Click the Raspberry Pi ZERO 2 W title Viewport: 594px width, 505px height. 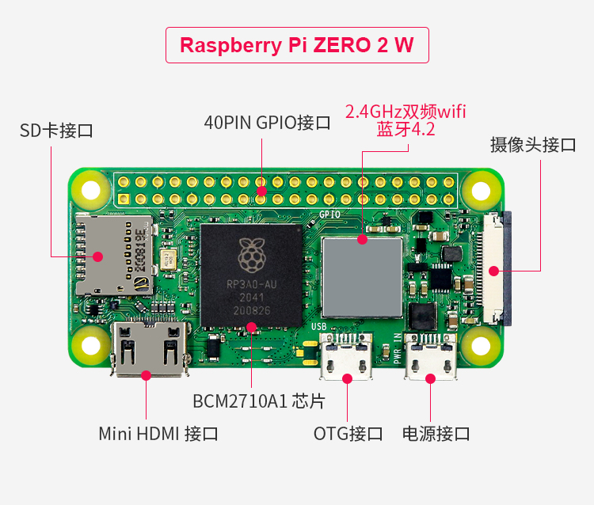click(x=297, y=45)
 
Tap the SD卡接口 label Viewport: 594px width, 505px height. click(x=56, y=131)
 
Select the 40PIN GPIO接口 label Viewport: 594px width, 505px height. click(x=267, y=122)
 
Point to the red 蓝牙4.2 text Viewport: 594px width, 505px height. click(x=406, y=130)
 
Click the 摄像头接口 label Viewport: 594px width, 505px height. click(x=533, y=145)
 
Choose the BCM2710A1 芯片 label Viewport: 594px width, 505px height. click(x=259, y=401)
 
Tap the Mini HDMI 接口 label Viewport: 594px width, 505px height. click(x=158, y=434)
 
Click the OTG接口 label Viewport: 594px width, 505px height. click(x=348, y=434)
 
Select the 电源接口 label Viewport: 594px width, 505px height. click(x=436, y=434)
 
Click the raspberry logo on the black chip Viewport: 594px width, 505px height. click(x=252, y=256)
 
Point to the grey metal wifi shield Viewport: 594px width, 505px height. click(x=362, y=278)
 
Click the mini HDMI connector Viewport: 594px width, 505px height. click(x=150, y=349)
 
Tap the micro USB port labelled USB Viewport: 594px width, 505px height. click(x=346, y=356)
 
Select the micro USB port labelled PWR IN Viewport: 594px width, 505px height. click(x=430, y=356)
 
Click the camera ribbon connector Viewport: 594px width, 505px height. click(x=497, y=268)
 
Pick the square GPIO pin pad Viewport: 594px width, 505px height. click(x=124, y=199)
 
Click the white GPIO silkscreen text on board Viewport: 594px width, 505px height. click(x=329, y=215)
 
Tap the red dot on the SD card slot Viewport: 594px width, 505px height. click(x=97, y=256)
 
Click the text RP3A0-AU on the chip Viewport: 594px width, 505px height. click(x=252, y=284)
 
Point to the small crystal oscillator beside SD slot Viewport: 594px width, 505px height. click(x=167, y=260)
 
